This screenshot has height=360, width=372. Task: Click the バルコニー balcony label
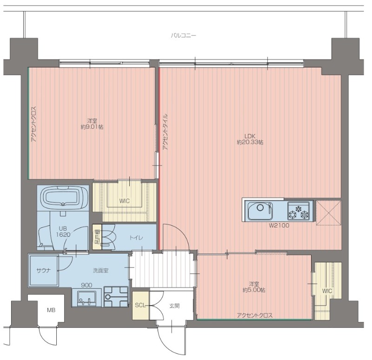(x=183, y=36)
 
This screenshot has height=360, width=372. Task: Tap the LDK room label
(x=250, y=136)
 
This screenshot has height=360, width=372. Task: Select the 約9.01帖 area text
(x=92, y=127)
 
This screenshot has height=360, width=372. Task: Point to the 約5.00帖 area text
(x=254, y=290)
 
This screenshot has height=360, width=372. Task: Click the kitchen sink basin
(x=260, y=211)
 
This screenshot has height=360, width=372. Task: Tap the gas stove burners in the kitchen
(x=299, y=211)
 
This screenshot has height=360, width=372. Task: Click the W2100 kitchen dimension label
(x=279, y=226)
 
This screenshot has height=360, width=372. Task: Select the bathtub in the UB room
(x=63, y=197)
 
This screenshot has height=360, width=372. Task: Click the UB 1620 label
(x=63, y=232)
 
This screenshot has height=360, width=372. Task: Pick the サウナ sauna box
(x=43, y=270)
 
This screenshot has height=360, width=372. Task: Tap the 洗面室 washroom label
(x=100, y=270)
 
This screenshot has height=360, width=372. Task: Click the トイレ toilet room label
(x=136, y=238)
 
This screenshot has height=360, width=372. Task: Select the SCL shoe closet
(x=141, y=305)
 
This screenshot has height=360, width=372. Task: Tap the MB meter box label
(x=51, y=310)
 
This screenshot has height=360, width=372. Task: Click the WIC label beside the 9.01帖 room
(x=124, y=201)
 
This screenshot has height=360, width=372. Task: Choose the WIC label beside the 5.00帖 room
(x=327, y=291)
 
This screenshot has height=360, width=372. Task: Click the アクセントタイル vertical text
(x=165, y=132)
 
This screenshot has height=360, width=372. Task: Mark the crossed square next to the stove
(x=329, y=213)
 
